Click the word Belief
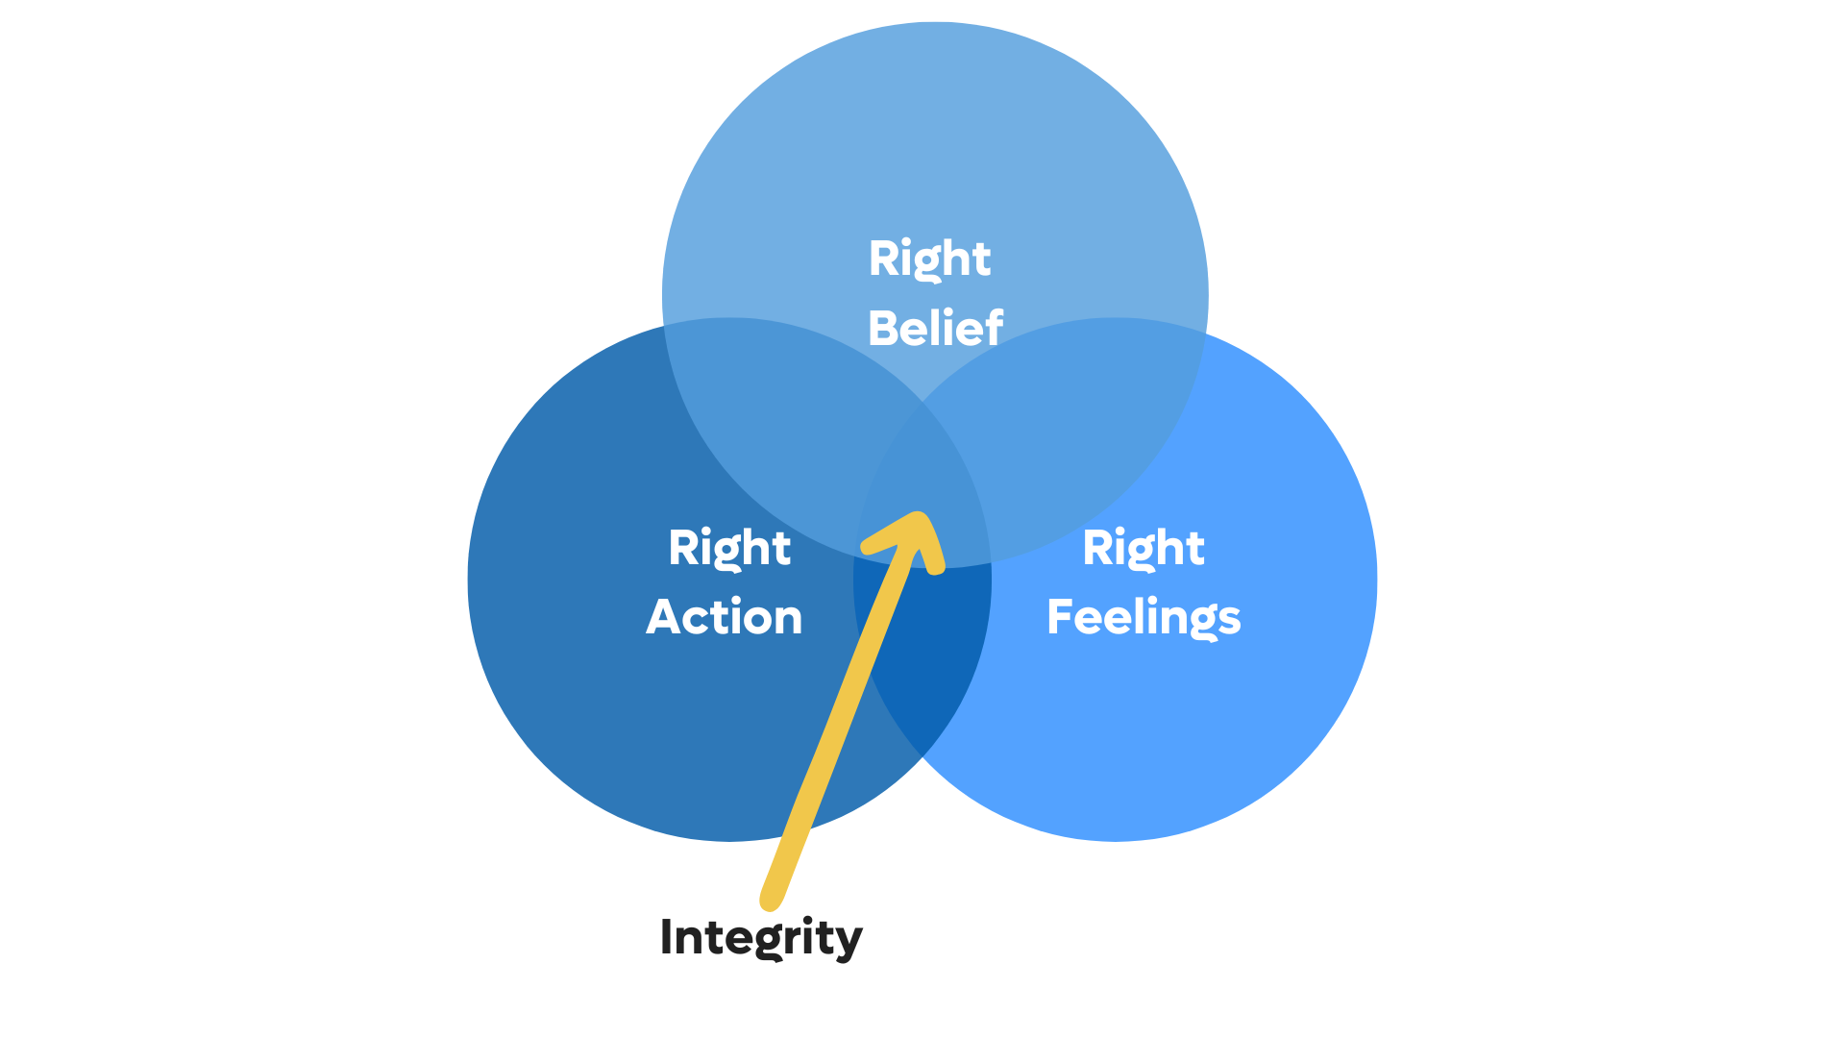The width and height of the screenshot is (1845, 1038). (x=935, y=328)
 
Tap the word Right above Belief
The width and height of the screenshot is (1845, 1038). (x=929, y=259)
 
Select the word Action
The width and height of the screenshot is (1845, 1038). (x=724, y=617)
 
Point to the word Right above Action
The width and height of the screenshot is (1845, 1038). (x=729, y=548)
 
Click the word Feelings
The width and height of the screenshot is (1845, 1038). (x=1144, y=617)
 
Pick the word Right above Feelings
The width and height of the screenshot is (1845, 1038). (x=1144, y=548)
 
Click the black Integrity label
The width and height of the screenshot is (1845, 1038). (x=761, y=937)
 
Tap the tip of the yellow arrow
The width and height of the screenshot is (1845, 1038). (x=921, y=519)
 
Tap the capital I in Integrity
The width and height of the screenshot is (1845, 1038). (x=666, y=936)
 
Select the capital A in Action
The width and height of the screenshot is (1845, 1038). (x=663, y=617)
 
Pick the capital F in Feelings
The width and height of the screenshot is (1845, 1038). (x=1060, y=617)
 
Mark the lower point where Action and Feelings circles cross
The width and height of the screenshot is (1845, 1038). (x=922, y=757)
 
